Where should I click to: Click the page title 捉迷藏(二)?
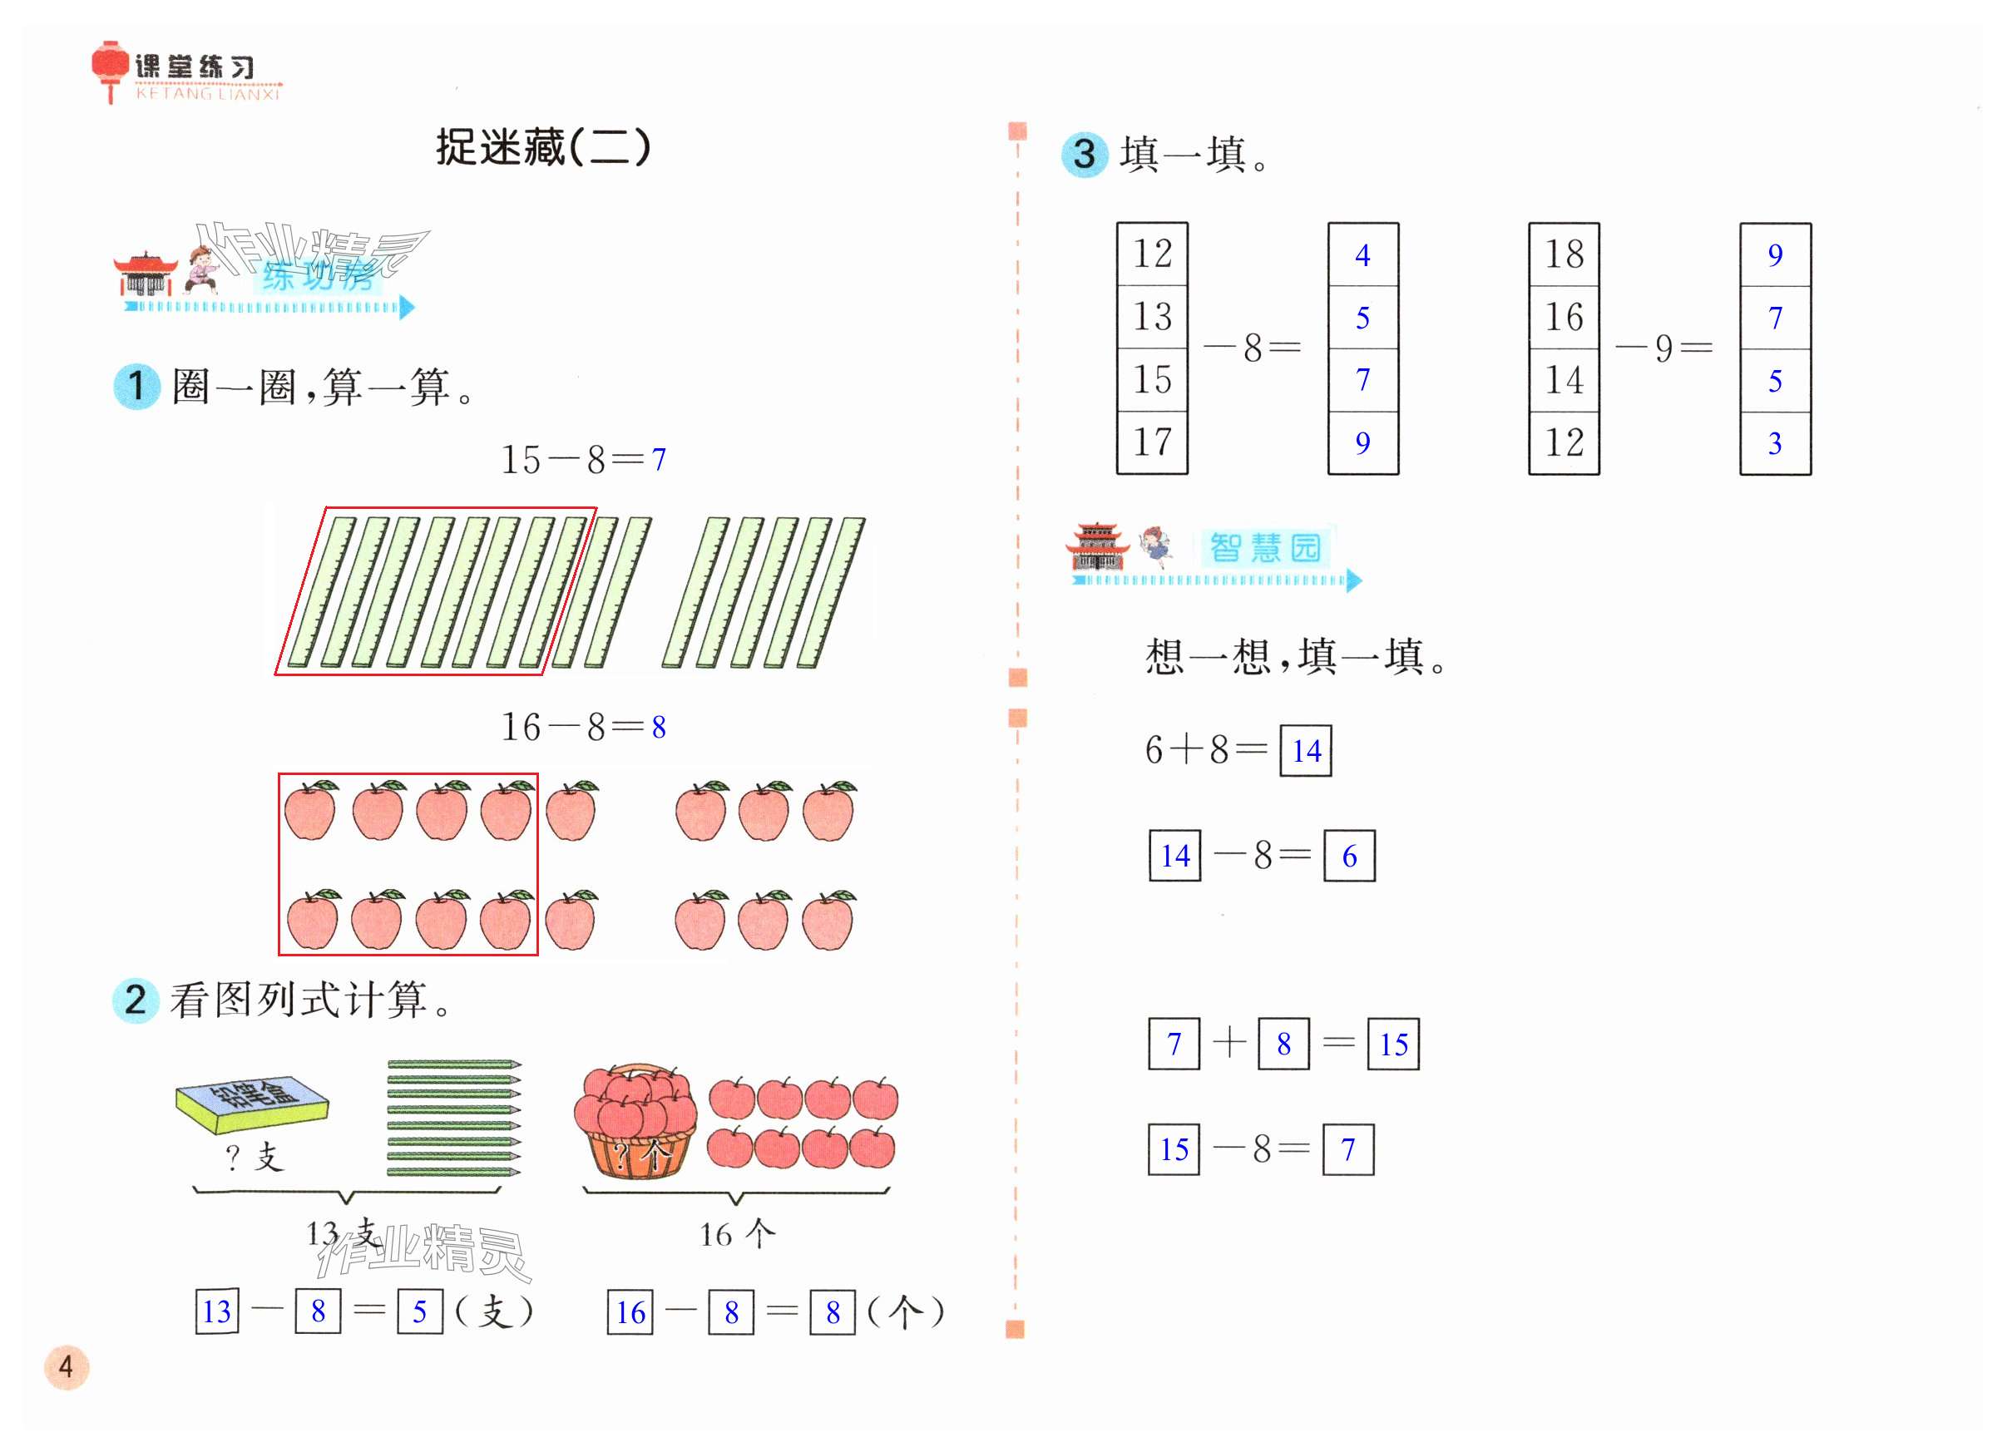coord(542,147)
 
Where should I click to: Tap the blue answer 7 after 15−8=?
coord(659,460)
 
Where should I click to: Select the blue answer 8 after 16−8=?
coord(659,728)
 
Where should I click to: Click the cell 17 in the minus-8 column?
coord(1151,442)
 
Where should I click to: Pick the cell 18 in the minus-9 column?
coord(1564,254)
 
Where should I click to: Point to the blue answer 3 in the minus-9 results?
coord(1774,444)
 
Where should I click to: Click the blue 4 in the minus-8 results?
coord(1362,255)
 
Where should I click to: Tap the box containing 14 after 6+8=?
coord(1305,751)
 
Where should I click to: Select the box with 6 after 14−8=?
coord(1348,856)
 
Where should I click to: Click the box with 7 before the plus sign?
coord(1174,1045)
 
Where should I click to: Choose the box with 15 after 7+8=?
coord(1393,1045)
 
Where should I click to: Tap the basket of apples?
coord(635,1121)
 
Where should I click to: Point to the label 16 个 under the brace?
coord(736,1233)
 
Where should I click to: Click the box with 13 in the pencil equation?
coord(217,1311)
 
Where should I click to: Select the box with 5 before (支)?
coord(419,1311)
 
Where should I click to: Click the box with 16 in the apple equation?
coord(630,1312)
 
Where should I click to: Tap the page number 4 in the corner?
coord(67,1367)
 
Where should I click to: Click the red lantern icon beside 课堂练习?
coord(110,68)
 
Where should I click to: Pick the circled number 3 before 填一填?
coord(1084,155)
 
